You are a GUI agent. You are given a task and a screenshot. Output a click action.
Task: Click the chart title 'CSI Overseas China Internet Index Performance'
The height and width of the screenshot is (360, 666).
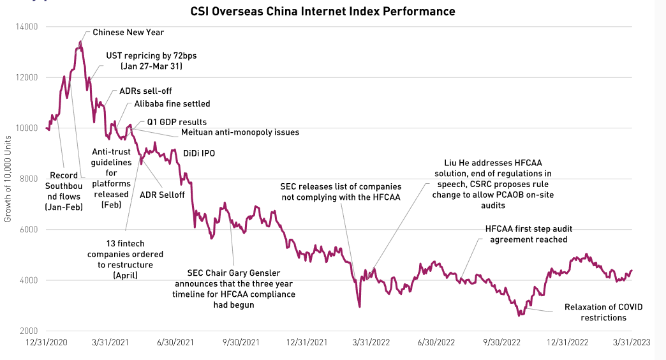click(x=323, y=11)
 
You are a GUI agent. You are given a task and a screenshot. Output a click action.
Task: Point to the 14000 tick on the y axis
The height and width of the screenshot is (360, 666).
click(x=27, y=27)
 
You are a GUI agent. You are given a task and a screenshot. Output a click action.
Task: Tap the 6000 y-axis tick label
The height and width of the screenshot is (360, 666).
click(x=29, y=230)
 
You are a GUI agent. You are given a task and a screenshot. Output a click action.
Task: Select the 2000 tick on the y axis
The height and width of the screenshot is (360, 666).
click(x=29, y=331)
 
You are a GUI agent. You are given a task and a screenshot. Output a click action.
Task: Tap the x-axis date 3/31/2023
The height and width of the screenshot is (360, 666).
click(x=631, y=343)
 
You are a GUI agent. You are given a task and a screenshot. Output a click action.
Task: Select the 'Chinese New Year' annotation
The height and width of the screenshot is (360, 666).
click(x=128, y=32)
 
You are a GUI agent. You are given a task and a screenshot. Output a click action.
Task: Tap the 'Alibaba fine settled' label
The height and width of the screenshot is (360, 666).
click(x=172, y=103)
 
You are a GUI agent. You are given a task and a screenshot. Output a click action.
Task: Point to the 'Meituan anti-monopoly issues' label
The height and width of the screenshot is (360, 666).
click(x=240, y=132)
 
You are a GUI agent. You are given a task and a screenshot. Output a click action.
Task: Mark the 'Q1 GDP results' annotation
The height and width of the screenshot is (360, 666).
click(x=177, y=121)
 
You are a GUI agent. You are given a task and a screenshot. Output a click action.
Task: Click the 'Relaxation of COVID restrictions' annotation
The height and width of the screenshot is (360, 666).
click(x=603, y=312)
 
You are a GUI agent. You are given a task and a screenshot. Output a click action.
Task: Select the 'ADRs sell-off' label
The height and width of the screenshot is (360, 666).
click(x=145, y=91)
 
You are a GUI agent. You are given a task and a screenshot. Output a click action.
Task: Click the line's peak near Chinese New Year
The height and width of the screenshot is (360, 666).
click(x=80, y=42)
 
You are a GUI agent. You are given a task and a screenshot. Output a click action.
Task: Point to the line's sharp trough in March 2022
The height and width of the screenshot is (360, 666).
click(x=360, y=307)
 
